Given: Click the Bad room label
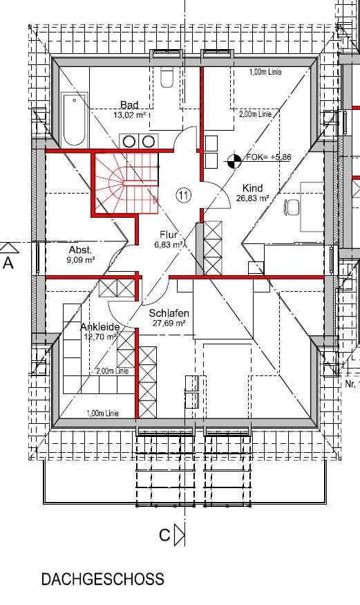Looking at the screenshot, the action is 129,105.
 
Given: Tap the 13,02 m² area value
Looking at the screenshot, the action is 129,115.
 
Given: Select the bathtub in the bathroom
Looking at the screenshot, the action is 75,120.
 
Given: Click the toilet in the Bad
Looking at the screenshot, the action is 167,77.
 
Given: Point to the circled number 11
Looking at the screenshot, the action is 184,196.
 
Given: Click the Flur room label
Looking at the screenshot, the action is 169,234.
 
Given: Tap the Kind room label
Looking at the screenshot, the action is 252,188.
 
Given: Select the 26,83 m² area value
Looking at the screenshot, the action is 252,198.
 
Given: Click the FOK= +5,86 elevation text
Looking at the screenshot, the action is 269,157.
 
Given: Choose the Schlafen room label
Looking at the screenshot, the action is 169,313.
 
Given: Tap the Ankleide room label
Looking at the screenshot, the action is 100,327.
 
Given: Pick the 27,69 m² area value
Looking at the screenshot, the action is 169,323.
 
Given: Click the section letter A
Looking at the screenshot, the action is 8,263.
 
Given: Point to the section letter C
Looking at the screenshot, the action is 164,535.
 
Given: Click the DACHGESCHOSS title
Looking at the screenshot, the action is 102,579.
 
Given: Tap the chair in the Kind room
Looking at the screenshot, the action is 292,207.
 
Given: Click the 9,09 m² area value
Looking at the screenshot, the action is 81,260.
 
